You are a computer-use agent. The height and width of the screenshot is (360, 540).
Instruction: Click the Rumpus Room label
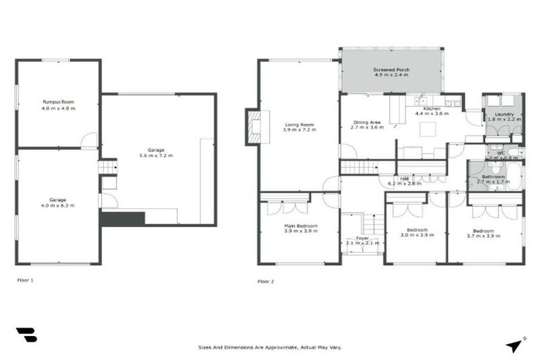58,103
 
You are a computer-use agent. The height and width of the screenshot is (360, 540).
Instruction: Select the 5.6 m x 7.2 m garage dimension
156,155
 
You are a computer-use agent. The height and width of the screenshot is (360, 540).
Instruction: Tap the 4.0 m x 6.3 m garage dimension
58,205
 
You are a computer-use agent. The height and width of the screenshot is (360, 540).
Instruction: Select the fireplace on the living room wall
253,127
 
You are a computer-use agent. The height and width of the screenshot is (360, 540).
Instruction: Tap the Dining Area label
366,122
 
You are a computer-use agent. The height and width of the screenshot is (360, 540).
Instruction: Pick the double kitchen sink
421,101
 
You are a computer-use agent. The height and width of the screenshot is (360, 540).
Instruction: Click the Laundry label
503,114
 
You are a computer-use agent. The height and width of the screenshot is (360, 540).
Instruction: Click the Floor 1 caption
25,280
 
